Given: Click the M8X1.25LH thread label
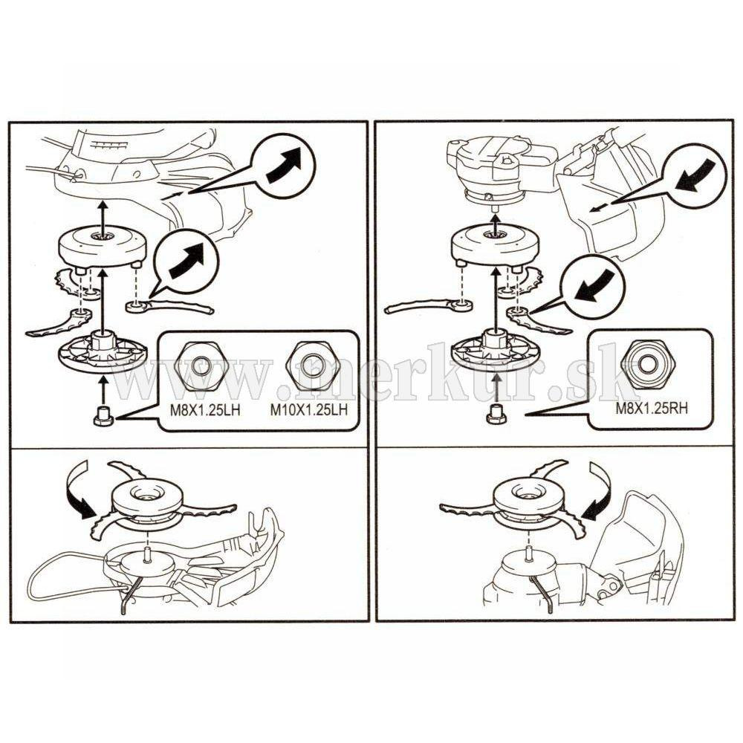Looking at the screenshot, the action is click(x=205, y=410).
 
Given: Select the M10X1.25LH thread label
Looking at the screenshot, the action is click(x=309, y=410).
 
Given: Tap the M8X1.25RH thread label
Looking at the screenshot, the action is click(x=652, y=409).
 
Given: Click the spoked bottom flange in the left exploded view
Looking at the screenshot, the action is click(x=103, y=351).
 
